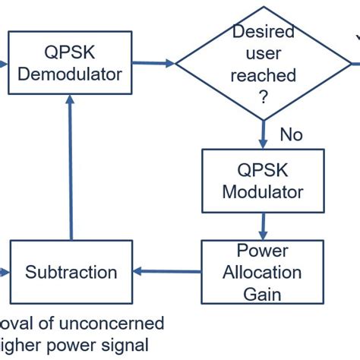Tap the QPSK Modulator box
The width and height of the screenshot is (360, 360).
click(x=263, y=180)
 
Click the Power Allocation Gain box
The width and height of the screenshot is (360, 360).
click(x=263, y=272)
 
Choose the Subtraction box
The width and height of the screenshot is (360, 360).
click(x=71, y=272)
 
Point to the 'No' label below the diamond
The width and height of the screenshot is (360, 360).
click(x=291, y=134)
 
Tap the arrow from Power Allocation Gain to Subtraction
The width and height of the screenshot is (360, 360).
click(x=167, y=272)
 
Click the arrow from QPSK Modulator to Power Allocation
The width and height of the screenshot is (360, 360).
click(x=263, y=226)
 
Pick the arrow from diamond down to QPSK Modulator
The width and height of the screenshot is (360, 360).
click(x=264, y=133)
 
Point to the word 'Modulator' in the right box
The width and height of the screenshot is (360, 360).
click(x=263, y=191)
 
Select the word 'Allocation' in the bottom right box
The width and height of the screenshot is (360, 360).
click(x=263, y=272)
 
